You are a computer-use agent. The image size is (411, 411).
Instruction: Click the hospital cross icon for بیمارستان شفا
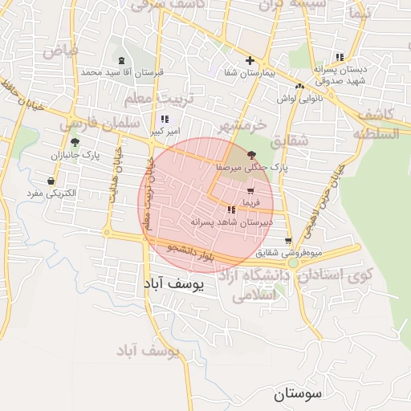[250, 60]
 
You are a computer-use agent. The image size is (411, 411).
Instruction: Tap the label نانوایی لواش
[299, 98]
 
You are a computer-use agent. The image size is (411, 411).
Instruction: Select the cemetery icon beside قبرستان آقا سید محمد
[121, 61]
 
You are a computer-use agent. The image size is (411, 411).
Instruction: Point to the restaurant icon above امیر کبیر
[165, 119]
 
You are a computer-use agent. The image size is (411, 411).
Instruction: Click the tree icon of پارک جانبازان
[75, 141]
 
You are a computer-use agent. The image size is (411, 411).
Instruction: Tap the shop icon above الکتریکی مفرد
[52, 181]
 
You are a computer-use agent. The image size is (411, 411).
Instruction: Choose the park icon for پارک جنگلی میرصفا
[252, 155]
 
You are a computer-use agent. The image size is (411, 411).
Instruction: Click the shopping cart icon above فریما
[251, 192]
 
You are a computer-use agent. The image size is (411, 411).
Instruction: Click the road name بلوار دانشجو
[190, 253]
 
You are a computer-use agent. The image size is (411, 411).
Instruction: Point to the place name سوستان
[297, 393]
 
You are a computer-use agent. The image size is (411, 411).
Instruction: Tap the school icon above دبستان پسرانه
[339, 57]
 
